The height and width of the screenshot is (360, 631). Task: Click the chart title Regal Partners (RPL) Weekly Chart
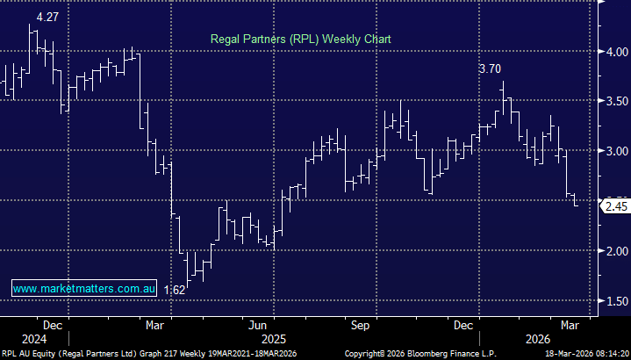300,40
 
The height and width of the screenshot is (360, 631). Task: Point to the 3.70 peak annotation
491,68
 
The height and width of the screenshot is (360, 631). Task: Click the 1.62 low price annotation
174,289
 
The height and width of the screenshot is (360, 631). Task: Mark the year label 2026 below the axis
537,338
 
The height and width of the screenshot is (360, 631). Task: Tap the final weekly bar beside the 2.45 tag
576,201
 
